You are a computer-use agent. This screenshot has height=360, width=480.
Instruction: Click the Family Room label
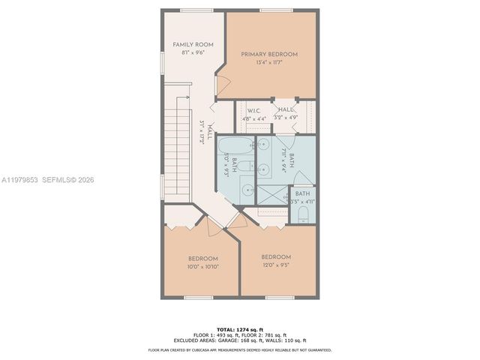point(193,45)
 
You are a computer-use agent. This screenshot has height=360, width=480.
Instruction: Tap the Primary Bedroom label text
point(268,54)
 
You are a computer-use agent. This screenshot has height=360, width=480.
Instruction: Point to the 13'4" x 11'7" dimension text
point(268,63)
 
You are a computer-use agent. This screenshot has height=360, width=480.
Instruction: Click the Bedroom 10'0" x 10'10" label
point(202,258)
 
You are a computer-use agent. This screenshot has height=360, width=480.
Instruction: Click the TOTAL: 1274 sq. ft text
point(240,329)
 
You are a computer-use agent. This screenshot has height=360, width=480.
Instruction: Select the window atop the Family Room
point(192,10)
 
